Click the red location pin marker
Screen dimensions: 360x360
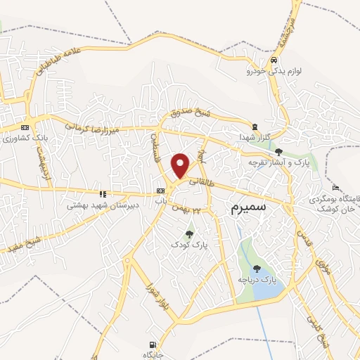[x=181, y=165]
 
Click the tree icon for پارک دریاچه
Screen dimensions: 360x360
[x=256, y=267]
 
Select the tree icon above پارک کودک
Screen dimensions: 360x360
[x=188, y=233]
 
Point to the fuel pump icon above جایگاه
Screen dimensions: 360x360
[x=151, y=345]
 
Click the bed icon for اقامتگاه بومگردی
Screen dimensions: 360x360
[x=335, y=188]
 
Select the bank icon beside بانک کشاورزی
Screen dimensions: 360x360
[x=25, y=127]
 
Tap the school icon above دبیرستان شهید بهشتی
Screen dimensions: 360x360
[x=103, y=193]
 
